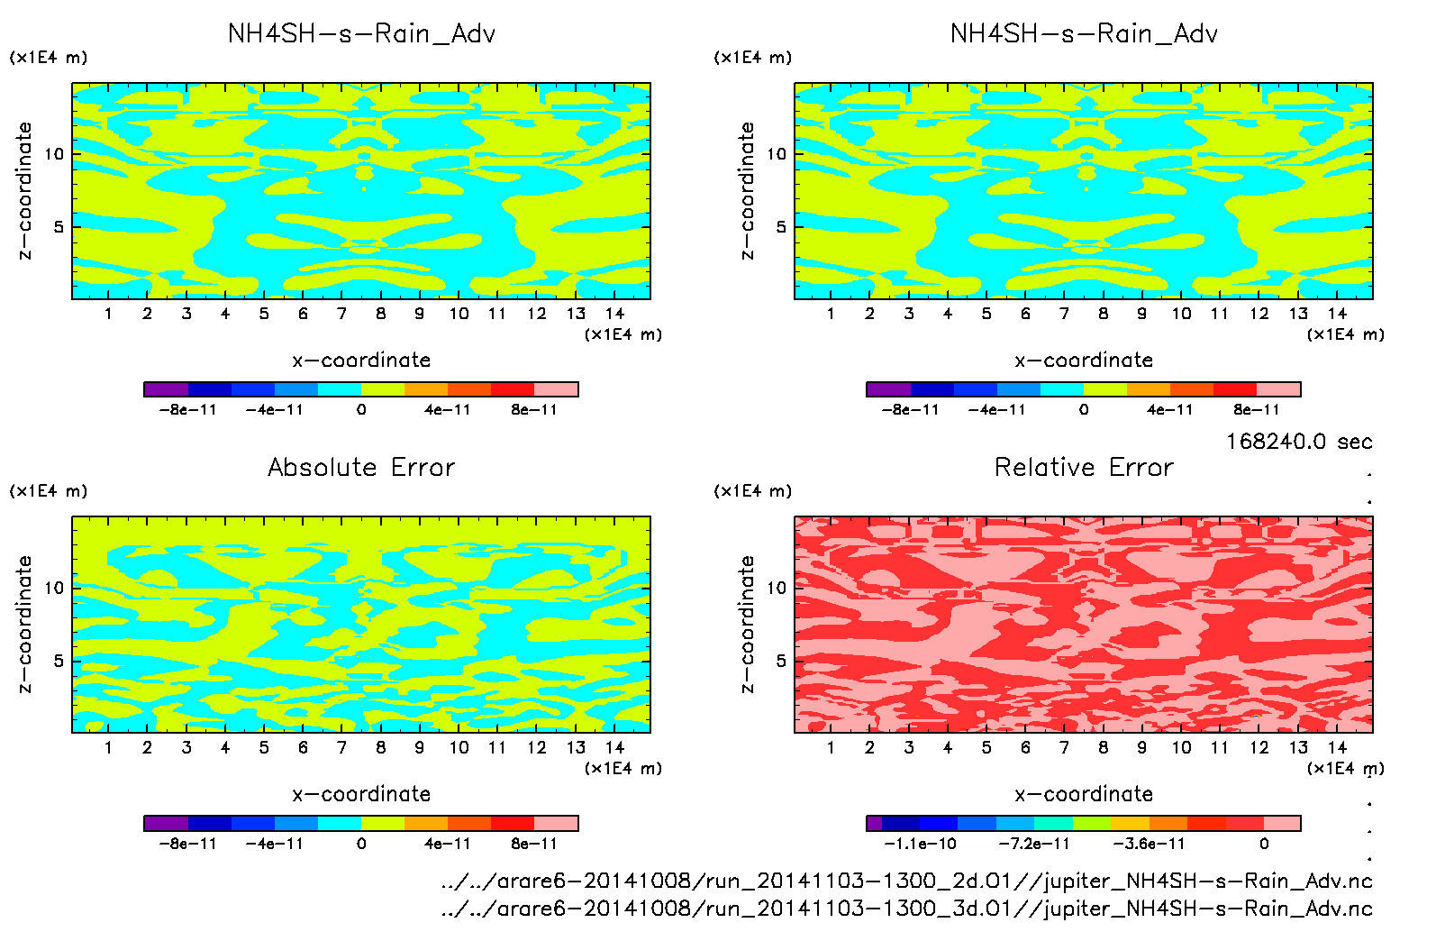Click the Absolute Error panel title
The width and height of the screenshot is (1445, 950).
click(361, 467)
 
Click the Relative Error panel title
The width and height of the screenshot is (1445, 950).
click(1084, 467)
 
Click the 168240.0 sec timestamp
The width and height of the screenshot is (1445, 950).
click(1299, 442)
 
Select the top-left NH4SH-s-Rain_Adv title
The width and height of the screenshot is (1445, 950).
click(361, 34)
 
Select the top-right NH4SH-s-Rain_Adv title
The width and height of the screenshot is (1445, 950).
click(1084, 34)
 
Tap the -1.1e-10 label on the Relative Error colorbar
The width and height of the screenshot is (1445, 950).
click(920, 844)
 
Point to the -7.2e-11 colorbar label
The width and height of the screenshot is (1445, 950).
click(1034, 844)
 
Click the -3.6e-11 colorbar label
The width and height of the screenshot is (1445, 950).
click(1149, 844)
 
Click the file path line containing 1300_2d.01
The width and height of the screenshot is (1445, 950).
click(906, 881)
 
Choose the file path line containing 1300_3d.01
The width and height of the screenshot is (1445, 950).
click(906, 909)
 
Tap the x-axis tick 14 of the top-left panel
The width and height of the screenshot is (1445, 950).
click(614, 314)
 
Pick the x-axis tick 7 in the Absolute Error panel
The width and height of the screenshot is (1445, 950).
click(341, 747)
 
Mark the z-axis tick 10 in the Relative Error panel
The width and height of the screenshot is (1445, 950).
click(777, 589)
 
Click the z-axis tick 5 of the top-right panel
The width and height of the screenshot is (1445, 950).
click(781, 227)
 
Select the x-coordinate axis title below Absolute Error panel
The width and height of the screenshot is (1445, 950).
click(361, 794)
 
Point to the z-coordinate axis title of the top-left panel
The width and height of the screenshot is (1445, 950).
click(24, 191)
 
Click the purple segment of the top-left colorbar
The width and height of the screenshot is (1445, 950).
click(166, 389)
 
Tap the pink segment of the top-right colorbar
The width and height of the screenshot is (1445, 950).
click(1278, 389)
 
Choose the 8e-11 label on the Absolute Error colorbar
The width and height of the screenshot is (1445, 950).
click(534, 844)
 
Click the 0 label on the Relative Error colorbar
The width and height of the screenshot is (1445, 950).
click(1264, 844)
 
